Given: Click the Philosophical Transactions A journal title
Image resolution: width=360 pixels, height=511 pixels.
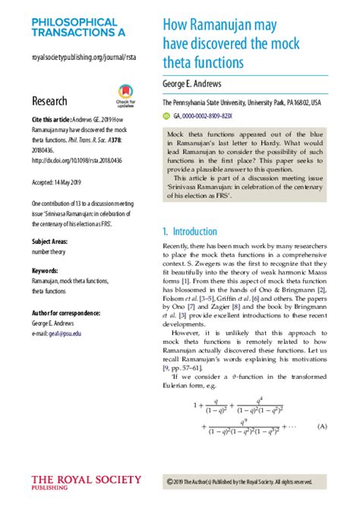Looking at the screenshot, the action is click(74, 29).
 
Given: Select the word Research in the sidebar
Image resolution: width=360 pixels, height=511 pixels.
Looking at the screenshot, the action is click(49, 101).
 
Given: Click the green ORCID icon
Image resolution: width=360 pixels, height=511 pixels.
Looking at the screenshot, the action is click(167, 116).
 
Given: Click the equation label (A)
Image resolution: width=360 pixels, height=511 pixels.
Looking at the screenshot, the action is click(323, 427).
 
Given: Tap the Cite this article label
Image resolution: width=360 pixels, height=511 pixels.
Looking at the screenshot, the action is click(50, 121).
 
